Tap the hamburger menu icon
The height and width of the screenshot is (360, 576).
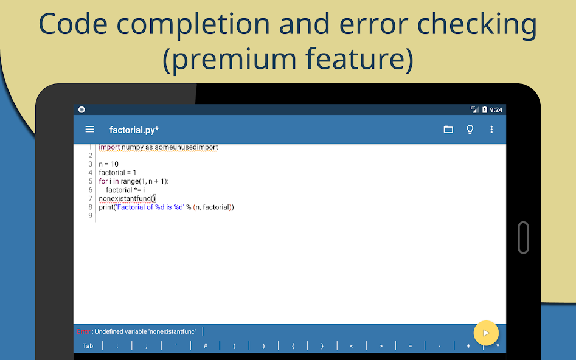pos(90,130)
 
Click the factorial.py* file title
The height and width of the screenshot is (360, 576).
pos(134,130)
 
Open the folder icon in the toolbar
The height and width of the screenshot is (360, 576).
pos(448,130)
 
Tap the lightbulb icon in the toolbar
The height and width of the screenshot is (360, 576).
pos(470,130)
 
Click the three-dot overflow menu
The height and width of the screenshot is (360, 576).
pos(491,130)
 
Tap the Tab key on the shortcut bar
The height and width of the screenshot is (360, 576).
pos(88,346)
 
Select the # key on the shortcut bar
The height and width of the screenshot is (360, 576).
pos(206,346)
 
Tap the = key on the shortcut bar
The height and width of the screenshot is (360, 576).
pos(410,346)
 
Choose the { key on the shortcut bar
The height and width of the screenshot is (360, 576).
pos(293,346)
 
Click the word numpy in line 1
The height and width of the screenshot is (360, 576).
pos(133,147)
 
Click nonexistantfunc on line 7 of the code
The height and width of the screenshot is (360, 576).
pos(125,198)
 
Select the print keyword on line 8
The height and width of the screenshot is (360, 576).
pos(106,207)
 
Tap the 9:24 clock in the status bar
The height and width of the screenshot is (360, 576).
pos(496,110)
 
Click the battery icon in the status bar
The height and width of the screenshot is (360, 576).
pos(485,110)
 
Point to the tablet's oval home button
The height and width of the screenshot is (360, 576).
pos(522,237)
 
